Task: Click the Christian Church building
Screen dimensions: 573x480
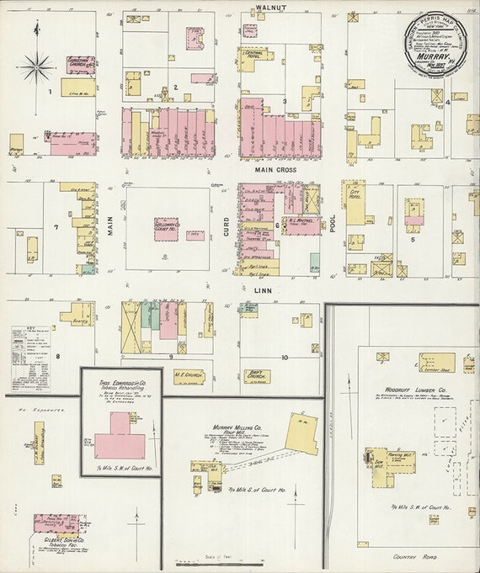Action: click(x=81, y=64)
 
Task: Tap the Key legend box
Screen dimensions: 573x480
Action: click(x=30, y=358)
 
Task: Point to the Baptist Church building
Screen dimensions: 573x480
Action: click(x=257, y=376)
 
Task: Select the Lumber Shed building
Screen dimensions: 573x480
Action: click(x=436, y=363)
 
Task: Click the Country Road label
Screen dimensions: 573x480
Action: click(x=416, y=558)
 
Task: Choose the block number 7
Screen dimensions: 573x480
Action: click(x=55, y=227)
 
